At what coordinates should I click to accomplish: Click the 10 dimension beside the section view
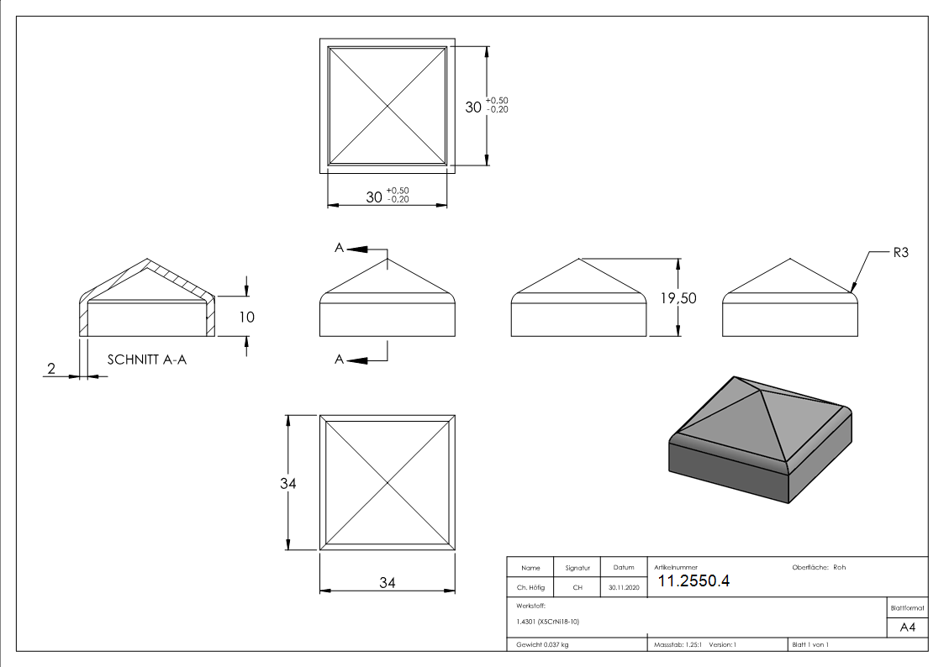click(246, 317)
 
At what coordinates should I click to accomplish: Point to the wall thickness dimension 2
click(51, 368)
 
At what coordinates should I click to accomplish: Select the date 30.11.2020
click(624, 588)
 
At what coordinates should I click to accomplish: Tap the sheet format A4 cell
click(907, 628)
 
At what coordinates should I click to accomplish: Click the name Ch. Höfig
click(530, 588)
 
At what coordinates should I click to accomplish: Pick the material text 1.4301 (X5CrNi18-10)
click(547, 622)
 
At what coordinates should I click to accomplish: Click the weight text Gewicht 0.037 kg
click(542, 644)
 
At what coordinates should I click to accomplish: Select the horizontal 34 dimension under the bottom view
click(387, 582)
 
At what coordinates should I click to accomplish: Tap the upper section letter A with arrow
click(340, 248)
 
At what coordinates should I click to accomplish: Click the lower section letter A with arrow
click(340, 360)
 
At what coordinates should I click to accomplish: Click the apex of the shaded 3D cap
click(735, 378)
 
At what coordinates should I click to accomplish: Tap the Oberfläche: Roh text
click(819, 567)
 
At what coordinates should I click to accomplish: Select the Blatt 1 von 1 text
click(810, 644)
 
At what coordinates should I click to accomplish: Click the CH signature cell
click(577, 588)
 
